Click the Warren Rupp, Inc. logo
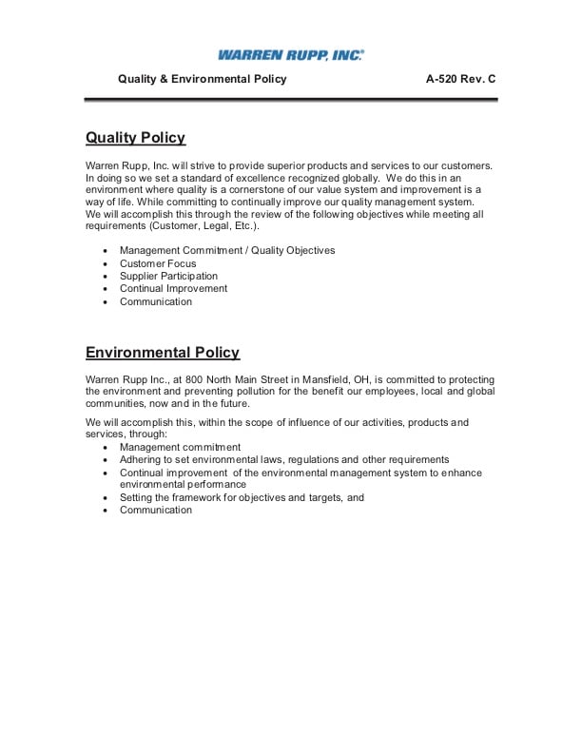click(290, 56)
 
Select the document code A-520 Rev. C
click(461, 80)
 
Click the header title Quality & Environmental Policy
click(202, 80)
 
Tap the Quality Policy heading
click(135, 138)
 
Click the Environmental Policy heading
click(163, 353)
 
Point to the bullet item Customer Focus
click(158, 263)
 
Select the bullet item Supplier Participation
click(168, 276)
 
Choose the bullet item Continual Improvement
click(173, 288)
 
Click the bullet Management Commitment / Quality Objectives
click(227, 250)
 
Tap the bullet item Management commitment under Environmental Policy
click(180, 447)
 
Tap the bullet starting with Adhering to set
click(284, 459)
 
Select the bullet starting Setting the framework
click(242, 497)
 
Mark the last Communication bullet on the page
click(156, 510)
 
